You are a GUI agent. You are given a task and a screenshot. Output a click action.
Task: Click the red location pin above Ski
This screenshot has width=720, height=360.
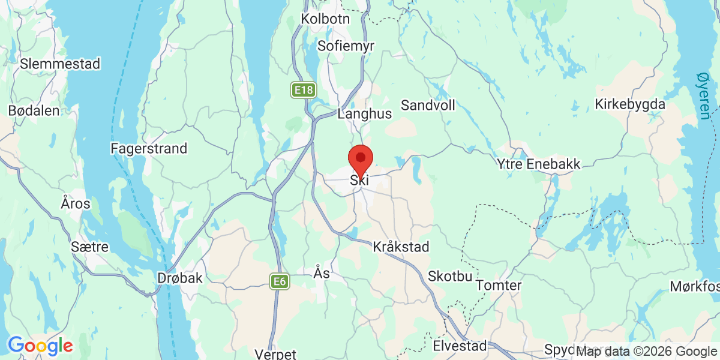coord(361,159)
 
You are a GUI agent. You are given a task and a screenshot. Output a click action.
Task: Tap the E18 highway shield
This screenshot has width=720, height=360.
coord(304,91)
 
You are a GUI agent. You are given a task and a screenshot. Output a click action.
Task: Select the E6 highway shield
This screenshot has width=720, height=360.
coord(279,281)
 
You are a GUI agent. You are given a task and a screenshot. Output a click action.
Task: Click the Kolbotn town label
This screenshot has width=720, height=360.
coord(325,19)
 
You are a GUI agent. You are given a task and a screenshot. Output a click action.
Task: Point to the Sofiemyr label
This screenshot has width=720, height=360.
coord(341,46)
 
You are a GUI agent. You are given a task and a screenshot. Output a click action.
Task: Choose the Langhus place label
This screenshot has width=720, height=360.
coord(365,113)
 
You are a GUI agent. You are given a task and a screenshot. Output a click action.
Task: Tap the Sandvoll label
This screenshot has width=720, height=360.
coord(428,106)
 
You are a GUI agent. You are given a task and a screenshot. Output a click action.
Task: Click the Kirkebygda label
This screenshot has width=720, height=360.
coord(630,104)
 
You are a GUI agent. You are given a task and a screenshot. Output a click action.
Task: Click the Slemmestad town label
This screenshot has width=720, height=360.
coord(60,64)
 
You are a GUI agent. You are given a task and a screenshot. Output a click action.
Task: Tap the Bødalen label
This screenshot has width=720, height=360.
coord(34,110)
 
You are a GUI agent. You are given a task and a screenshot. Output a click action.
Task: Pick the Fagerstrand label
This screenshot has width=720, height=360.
coord(149,148)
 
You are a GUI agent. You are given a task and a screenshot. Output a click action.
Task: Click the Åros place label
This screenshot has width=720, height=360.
coord(76,203)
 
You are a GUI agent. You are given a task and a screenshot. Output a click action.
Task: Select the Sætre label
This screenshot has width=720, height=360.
coord(89,247)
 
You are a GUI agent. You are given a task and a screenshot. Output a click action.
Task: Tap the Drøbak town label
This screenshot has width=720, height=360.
coord(180,278)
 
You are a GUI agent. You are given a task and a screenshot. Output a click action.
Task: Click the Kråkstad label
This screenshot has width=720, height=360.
coord(400,247)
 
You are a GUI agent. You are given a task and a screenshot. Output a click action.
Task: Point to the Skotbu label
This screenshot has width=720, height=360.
coord(451,277)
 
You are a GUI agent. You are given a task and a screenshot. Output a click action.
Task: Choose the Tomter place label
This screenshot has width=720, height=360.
coord(499,286)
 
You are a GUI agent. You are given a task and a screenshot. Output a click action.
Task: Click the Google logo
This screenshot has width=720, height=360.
coord(40,346)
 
